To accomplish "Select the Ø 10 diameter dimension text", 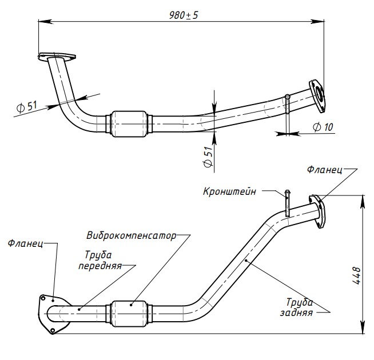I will click(324, 127).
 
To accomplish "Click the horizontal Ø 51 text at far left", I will click(26, 106).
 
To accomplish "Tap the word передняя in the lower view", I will click(100, 266).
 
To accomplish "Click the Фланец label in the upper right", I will click(324, 170).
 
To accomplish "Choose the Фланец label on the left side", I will click(26, 243).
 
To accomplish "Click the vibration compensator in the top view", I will click(129, 123).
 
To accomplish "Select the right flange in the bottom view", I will click(316, 211).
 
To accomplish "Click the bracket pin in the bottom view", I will click(288, 203).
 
